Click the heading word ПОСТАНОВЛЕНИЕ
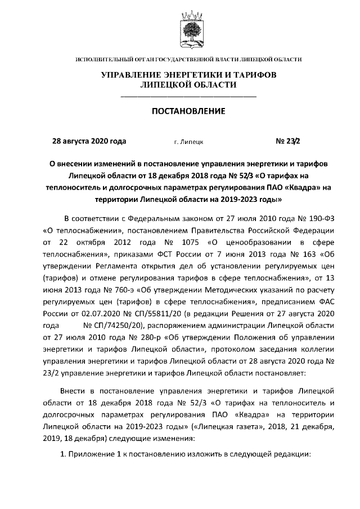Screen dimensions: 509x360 point(189,111)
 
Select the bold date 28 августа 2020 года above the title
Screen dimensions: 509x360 point(89,141)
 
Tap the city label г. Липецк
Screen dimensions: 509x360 point(189,142)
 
